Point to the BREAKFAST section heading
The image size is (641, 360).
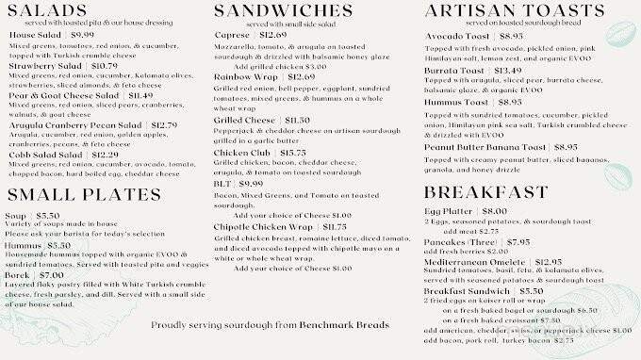point(485,192)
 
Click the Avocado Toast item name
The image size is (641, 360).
point(459,35)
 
